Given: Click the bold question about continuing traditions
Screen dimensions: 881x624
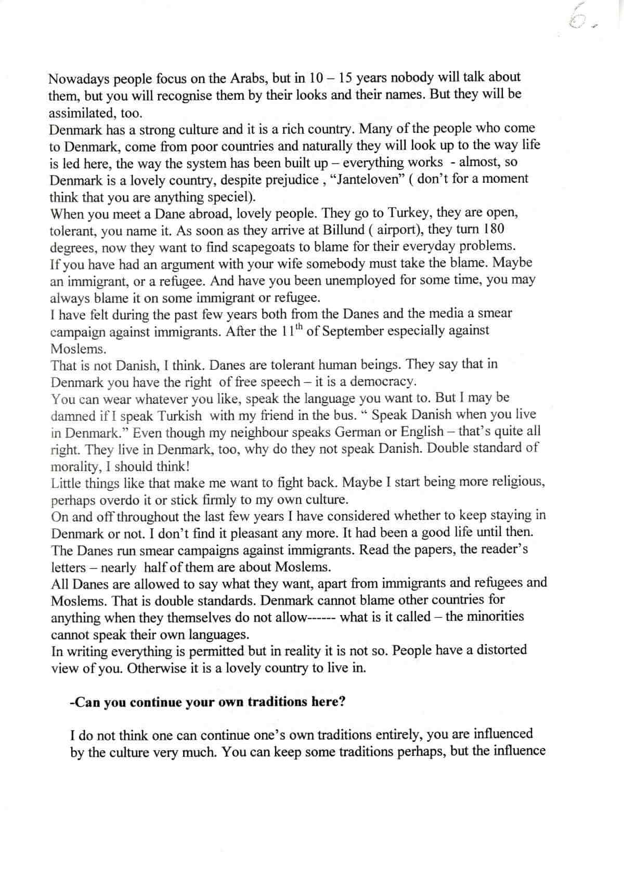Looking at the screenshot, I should tap(207, 702).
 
